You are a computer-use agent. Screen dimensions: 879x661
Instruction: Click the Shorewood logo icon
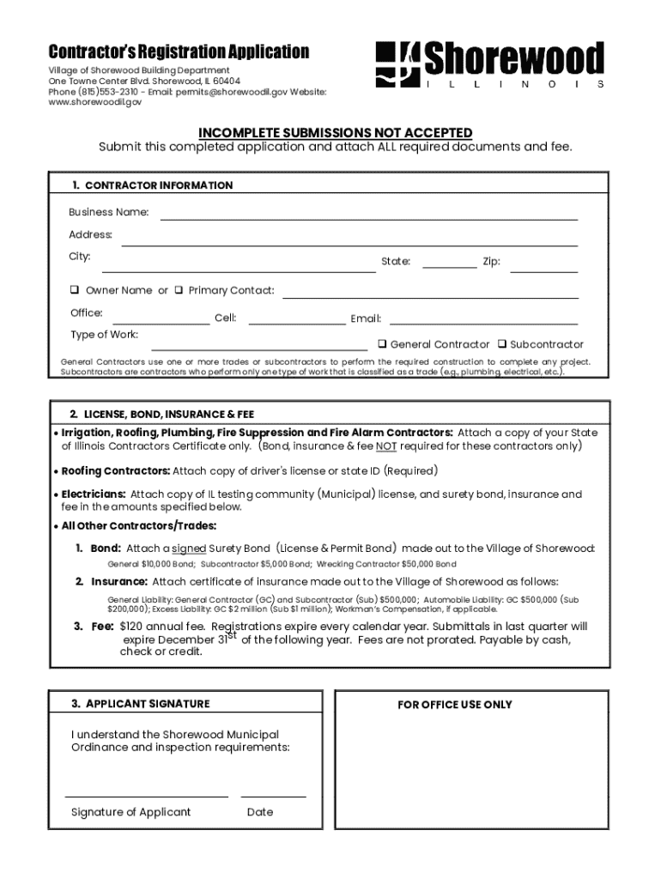click(x=397, y=65)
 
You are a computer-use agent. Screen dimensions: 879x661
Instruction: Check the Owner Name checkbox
click(x=76, y=290)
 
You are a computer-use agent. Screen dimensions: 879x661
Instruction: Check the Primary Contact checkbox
click(x=179, y=290)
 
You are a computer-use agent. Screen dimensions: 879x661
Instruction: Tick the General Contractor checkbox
click(x=382, y=344)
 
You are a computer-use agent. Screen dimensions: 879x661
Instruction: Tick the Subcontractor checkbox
click(x=502, y=344)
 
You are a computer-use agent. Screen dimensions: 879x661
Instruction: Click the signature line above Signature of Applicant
click(x=146, y=796)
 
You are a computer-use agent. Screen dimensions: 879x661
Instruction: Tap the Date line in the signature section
click(x=273, y=796)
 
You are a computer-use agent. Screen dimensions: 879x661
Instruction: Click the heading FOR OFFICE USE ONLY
click(x=454, y=705)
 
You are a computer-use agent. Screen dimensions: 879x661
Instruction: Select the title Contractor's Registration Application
click(x=178, y=52)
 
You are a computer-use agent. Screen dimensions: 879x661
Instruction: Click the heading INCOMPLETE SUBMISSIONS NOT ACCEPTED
click(x=335, y=132)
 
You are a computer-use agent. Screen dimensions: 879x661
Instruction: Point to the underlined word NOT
click(x=385, y=446)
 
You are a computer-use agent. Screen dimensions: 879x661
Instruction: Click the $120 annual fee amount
click(x=132, y=627)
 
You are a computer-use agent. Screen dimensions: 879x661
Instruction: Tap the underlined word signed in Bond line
click(x=188, y=549)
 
